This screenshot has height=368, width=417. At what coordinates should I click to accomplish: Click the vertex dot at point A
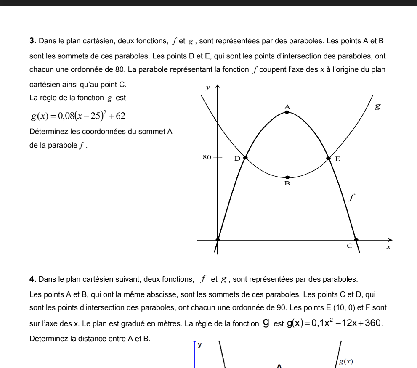pos(287,112)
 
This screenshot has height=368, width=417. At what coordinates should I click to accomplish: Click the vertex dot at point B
pos(287,177)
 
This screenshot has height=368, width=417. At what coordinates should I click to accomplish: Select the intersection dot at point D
pos(246,158)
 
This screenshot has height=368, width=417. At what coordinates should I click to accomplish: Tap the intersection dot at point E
pos(329,158)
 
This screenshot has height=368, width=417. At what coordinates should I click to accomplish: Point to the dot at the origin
pos(218,240)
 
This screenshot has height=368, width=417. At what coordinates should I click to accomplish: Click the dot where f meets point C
pos(356,240)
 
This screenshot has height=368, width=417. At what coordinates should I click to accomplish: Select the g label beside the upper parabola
pos(377,106)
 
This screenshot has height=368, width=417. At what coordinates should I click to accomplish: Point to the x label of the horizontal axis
pos(388,248)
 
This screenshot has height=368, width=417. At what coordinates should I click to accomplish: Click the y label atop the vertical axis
pos(207,88)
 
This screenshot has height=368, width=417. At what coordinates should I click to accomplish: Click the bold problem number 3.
pos(33,41)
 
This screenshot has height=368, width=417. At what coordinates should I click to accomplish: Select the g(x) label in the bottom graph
pos(346,361)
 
